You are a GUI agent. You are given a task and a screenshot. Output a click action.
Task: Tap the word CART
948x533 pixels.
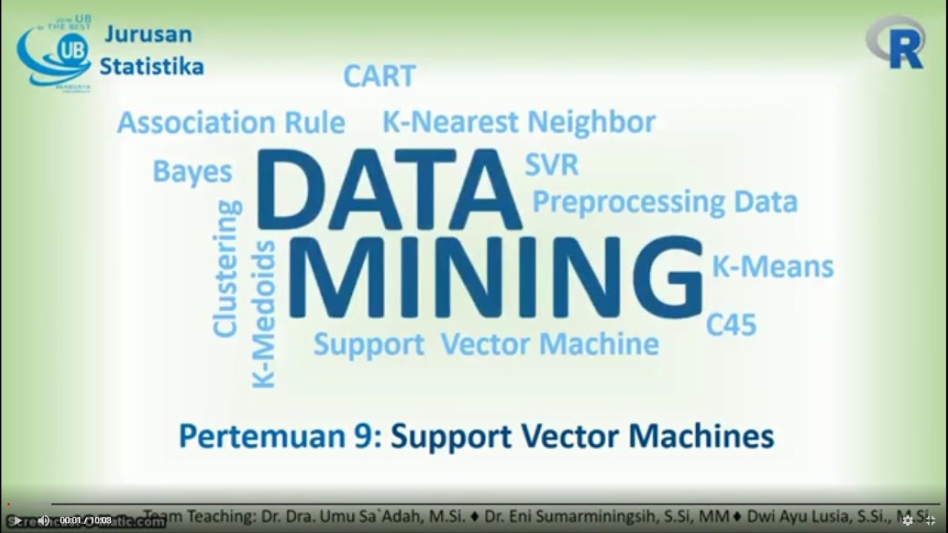[x=379, y=76]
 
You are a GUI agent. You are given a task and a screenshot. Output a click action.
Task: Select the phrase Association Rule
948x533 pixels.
[x=231, y=123]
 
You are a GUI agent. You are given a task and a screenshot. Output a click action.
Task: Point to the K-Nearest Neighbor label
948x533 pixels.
[x=518, y=122]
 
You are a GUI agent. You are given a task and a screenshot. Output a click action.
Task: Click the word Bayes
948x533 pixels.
[x=193, y=172]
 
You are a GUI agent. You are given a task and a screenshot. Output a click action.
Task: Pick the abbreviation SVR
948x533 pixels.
[x=552, y=165]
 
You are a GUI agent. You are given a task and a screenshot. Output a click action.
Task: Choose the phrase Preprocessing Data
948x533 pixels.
[x=665, y=201]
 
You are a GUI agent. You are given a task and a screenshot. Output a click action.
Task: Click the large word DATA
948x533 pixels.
[x=389, y=190]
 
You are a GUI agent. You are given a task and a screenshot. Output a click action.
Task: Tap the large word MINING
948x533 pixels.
[x=495, y=278]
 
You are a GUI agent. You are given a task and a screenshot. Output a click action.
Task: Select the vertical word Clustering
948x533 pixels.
[x=227, y=269]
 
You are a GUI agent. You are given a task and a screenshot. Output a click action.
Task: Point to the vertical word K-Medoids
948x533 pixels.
[x=264, y=314]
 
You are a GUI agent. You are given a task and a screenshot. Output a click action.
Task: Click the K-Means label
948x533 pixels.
[x=772, y=267]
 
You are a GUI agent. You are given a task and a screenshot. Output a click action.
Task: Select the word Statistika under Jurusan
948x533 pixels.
[x=152, y=67]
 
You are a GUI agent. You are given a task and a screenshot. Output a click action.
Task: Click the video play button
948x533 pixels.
[x=17, y=520]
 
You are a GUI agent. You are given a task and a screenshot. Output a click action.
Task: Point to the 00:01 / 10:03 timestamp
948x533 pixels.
[x=86, y=520]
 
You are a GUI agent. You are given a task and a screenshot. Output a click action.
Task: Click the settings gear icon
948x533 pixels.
[x=908, y=520]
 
